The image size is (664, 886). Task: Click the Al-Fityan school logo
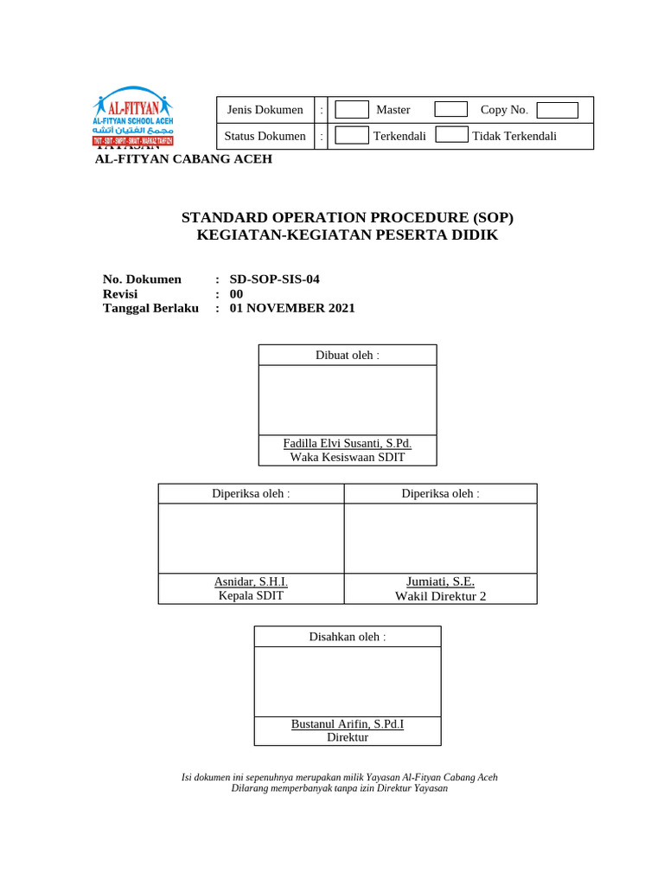pyautogui.click(x=133, y=115)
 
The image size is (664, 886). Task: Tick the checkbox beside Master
pyautogui.click(x=352, y=110)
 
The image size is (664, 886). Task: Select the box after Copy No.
pyautogui.click(x=557, y=110)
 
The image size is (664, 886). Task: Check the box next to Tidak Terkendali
pyautogui.click(x=451, y=135)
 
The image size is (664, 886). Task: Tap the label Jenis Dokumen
pyautogui.click(x=265, y=110)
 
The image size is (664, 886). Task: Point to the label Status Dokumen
pyautogui.click(x=265, y=136)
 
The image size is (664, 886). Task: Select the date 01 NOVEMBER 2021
pyautogui.click(x=292, y=308)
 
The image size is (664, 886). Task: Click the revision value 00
pyautogui.click(x=236, y=293)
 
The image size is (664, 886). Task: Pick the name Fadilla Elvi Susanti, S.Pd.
pyautogui.click(x=347, y=444)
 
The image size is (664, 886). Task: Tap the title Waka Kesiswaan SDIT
pyautogui.click(x=347, y=457)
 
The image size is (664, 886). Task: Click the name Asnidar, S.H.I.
pyautogui.click(x=251, y=582)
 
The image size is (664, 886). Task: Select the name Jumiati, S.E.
pyautogui.click(x=440, y=582)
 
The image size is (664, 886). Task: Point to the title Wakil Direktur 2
pyautogui.click(x=440, y=596)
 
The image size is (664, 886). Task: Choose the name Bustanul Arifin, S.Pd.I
pyautogui.click(x=347, y=723)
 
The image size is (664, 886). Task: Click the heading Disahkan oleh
pyautogui.click(x=347, y=637)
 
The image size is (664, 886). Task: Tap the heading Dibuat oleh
pyautogui.click(x=347, y=356)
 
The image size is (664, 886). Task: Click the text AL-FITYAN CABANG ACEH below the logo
pyautogui.click(x=183, y=159)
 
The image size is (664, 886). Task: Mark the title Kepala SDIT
pyautogui.click(x=251, y=595)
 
